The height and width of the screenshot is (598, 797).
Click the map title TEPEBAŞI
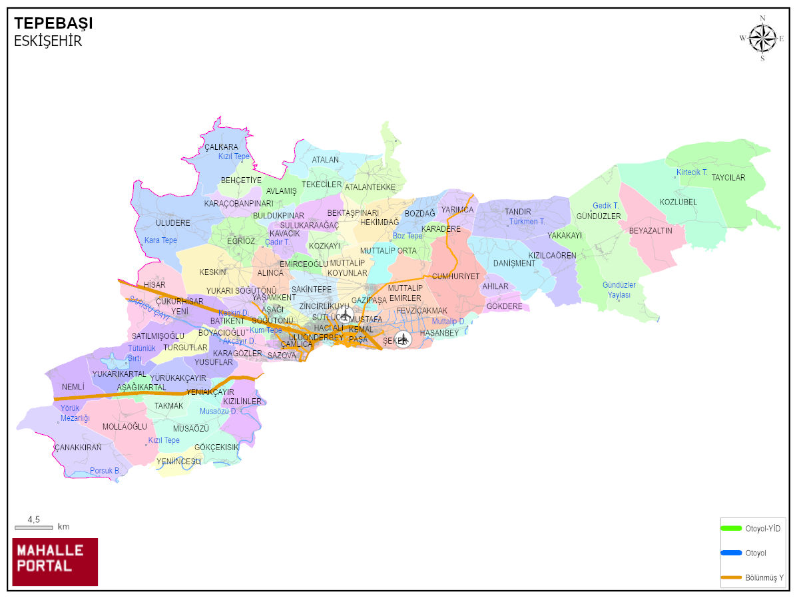[x=53, y=24]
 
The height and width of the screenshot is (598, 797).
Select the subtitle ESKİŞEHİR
[x=48, y=41]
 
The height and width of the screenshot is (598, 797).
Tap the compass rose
[x=762, y=38]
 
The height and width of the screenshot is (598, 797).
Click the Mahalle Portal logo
[x=55, y=561]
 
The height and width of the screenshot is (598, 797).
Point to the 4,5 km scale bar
[x=33, y=527]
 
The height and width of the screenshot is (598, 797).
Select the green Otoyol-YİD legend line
[x=731, y=529]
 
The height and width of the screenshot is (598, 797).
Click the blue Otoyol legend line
[x=731, y=553]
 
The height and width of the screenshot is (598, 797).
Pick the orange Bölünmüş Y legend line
[x=731, y=577]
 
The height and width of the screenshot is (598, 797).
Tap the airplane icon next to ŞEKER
[x=403, y=339]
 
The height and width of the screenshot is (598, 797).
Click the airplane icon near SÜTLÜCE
[x=346, y=314]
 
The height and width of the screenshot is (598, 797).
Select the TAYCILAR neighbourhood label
[x=728, y=178]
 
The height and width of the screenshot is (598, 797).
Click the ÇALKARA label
[x=221, y=147]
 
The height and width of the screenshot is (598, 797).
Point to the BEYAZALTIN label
[x=651, y=230]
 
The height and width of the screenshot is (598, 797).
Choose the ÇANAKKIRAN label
[x=78, y=448]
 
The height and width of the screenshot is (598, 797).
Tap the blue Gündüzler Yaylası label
[x=619, y=290]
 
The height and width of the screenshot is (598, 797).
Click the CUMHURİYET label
[x=455, y=276]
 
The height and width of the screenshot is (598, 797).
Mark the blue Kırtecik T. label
[x=692, y=172]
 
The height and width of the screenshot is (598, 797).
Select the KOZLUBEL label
[x=678, y=202]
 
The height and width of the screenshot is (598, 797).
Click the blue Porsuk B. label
[x=105, y=471]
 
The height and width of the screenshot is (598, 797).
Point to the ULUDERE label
[x=173, y=223]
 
